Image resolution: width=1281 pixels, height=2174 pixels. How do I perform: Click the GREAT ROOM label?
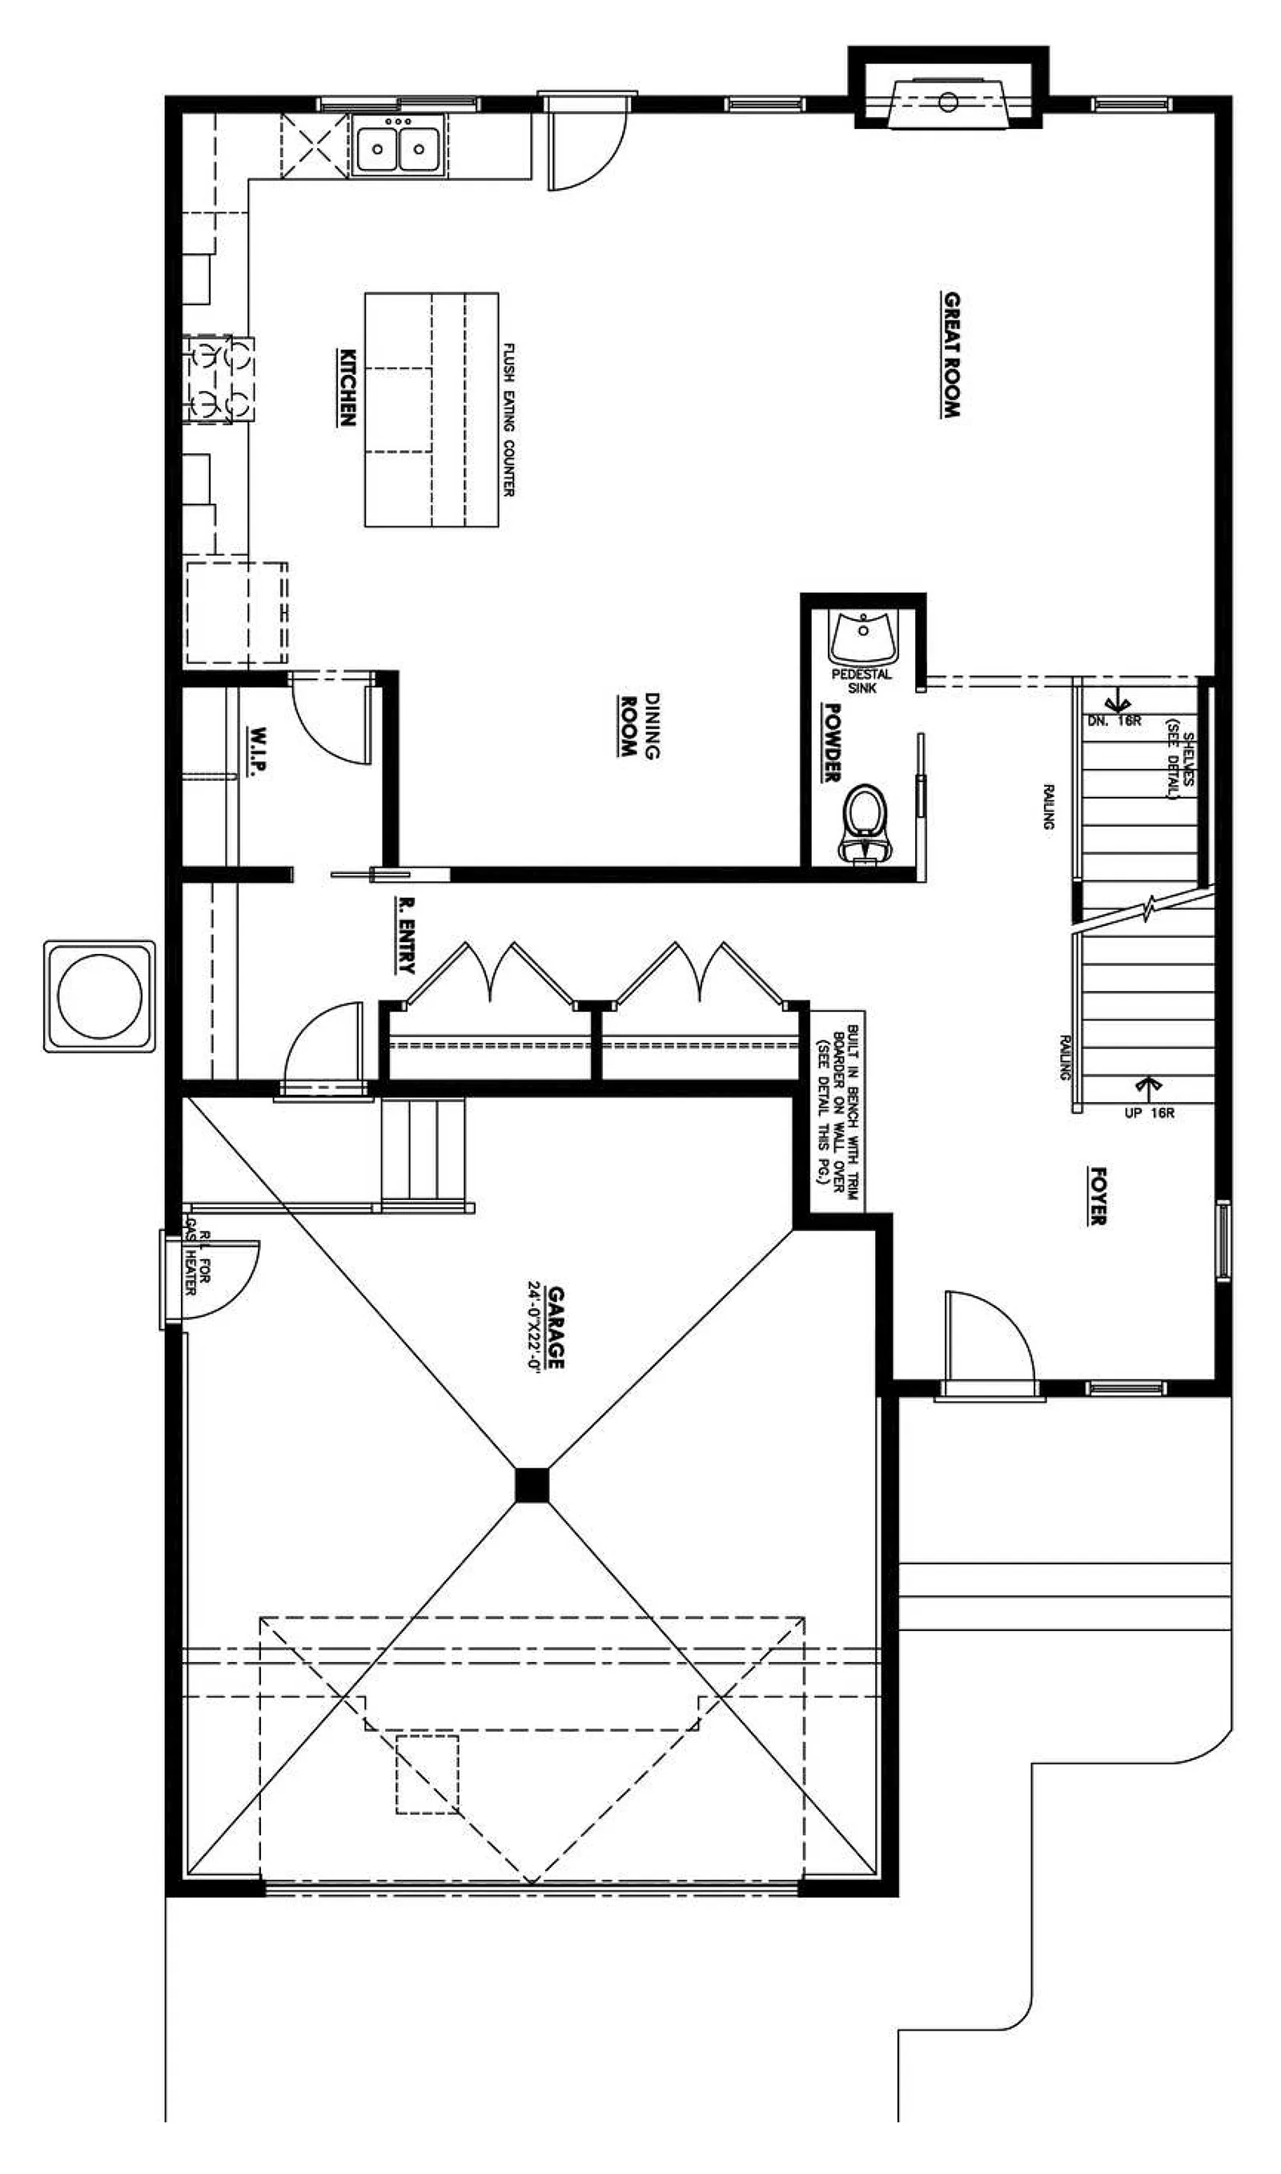pos(950,355)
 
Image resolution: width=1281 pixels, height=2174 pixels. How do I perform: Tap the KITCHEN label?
pos(346,387)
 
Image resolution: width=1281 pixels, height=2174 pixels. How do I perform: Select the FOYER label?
pos(1097,1196)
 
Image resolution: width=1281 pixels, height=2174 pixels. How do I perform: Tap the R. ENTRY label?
pos(405,935)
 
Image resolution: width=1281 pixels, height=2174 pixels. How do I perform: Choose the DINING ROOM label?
pos(640,725)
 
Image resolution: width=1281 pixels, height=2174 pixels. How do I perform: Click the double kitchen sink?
pos(398,147)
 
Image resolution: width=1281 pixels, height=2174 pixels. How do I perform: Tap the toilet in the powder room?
pos(865,823)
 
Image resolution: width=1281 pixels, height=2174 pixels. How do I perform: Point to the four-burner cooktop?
pos(219,379)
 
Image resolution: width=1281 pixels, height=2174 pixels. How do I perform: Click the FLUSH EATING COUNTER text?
pos(509,420)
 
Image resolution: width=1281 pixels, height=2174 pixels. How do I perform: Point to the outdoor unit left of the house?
pos(100,996)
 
